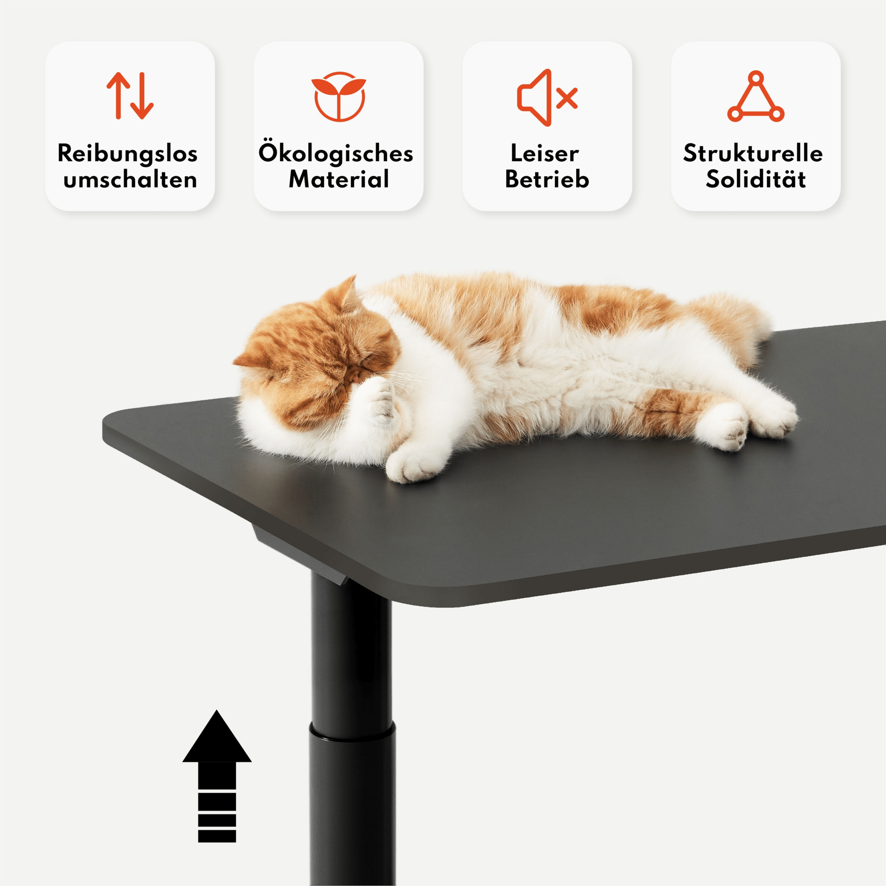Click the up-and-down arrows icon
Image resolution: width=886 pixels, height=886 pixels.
130,96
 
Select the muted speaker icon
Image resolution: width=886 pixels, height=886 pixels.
547,98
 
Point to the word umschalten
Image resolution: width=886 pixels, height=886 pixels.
130,179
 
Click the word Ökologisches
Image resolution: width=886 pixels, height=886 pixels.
336,153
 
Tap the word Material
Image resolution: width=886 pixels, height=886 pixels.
339,179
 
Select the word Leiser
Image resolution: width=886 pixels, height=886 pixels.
544,154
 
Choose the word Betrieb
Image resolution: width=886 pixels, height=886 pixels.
547,179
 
